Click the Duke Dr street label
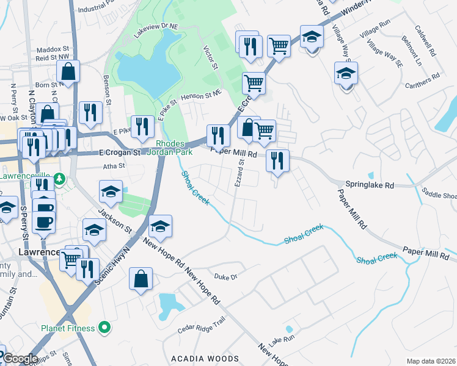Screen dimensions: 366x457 click(225, 277)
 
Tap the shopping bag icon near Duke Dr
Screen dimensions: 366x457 click(141, 279)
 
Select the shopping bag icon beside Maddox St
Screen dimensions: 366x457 click(68, 71)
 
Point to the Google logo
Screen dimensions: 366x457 click(20, 359)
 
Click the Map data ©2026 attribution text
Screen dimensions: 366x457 click(431, 361)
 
